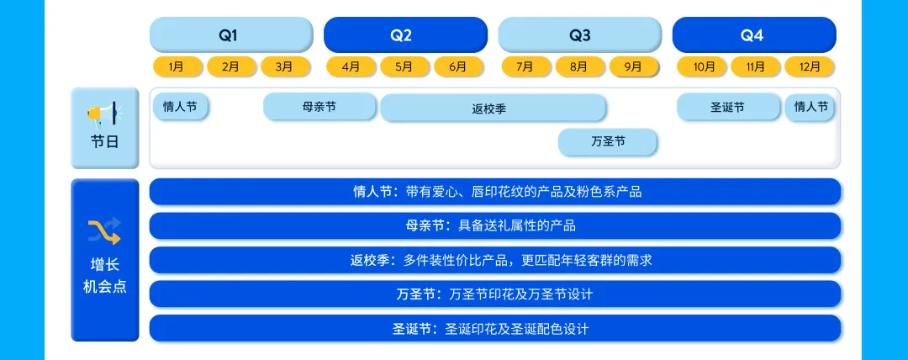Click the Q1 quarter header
229,35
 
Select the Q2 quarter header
404,35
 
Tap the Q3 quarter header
579,35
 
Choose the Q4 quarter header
753,35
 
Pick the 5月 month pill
404,66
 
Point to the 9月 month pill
632,66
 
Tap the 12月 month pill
809,66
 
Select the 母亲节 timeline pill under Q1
319,107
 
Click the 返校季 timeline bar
493,109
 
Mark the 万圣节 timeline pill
608,142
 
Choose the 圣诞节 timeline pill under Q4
727,107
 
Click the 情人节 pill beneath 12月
810,107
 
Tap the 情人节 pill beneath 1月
180,107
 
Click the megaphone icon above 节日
105,112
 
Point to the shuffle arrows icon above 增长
104,230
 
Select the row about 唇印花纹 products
495,192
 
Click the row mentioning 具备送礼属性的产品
495,225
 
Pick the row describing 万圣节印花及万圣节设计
495,294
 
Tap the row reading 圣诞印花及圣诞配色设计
495,328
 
